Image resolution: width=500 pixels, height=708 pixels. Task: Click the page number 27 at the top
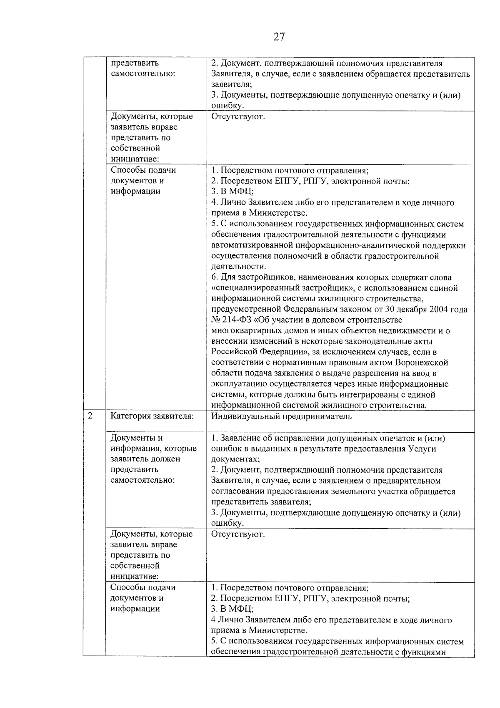[x=279, y=37]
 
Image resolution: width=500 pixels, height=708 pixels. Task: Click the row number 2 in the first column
[x=90, y=416]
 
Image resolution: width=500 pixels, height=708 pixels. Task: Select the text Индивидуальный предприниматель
[x=281, y=416]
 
